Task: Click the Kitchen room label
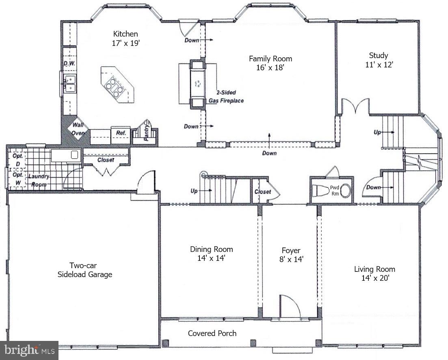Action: coord(126,34)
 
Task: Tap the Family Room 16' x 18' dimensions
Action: coord(270,68)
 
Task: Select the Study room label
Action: coord(378,55)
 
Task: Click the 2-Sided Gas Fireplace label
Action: coord(226,97)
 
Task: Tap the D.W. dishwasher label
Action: coord(69,63)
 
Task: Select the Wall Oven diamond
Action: coord(78,128)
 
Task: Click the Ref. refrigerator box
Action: coord(121,133)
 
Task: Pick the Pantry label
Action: coord(146,133)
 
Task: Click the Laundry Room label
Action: coord(39,180)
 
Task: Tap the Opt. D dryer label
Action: coord(18,160)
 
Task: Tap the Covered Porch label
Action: coord(212,333)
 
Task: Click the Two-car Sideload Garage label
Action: coord(84,270)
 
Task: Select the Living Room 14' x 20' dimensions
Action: coord(374,278)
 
